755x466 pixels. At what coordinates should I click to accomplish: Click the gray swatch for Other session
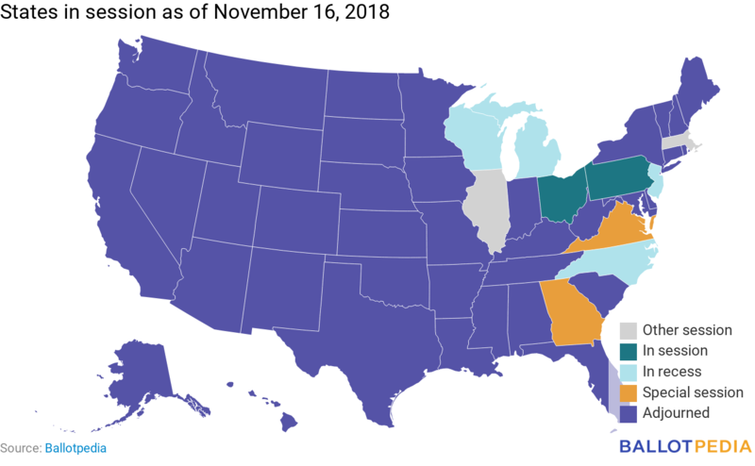click(x=627, y=330)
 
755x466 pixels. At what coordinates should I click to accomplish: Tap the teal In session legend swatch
click(x=627, y=351)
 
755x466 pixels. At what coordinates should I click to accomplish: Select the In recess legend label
click(x=672, y=372)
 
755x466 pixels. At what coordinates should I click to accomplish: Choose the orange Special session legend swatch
click(x=627, y=392)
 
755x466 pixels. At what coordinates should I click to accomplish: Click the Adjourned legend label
click(x=676, y=413)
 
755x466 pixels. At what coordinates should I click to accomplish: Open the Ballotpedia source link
click(x=75, y=448)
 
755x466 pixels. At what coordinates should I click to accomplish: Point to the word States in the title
click(x=27, y=15)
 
